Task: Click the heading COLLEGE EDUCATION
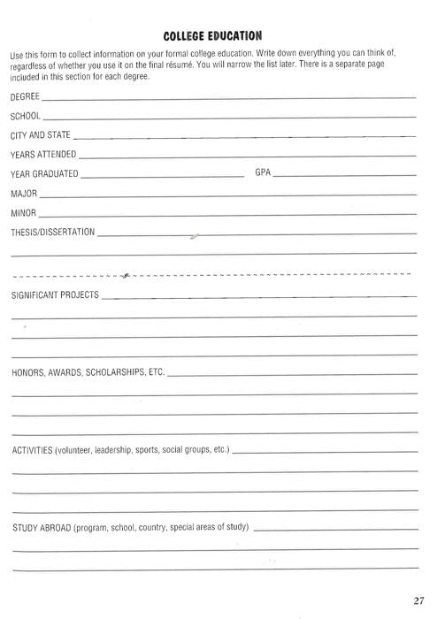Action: (x=213, y=35)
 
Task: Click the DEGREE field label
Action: (x=25, y=96)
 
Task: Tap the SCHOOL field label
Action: (x=26, y=116)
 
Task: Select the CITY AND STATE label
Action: (x=41, y=135)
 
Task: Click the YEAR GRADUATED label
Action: (x=44, y=173)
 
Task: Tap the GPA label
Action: (x=263, y=172)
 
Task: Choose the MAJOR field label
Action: (x=24, y=193)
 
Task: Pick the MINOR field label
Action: (x=24, y=213)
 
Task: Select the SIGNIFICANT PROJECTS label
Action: (x=55, y=294)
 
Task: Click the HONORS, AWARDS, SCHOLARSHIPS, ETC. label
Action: (x=88, y=372)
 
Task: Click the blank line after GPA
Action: (x=345, y=176)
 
